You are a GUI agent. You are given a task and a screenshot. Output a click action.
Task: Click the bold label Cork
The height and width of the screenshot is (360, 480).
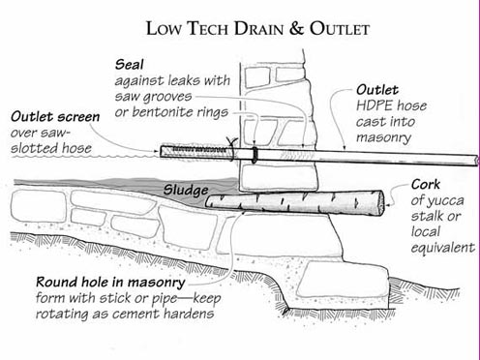tap(427, 184)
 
